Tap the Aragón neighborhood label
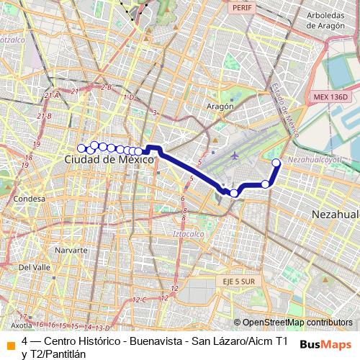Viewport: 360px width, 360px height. [221, 105]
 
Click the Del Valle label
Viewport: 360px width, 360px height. [34, 266]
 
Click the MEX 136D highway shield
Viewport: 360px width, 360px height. [330, 96]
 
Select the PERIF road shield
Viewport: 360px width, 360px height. [240, 6]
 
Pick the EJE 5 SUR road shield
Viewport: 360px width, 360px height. [235, 282]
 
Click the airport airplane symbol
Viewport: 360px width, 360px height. [235, 155]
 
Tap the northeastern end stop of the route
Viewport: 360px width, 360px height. [276, 163]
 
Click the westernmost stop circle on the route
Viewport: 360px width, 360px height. [81, 148]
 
